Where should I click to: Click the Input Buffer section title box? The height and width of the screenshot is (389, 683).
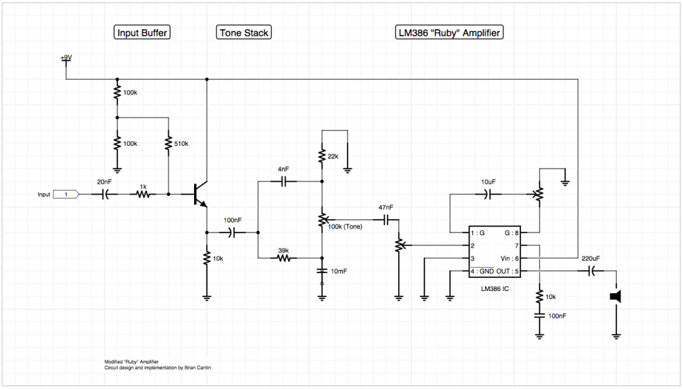pos(142,33)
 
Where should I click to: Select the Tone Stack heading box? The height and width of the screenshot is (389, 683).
pos(244,33)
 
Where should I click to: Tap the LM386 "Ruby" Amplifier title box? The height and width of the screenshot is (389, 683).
pos(449,33)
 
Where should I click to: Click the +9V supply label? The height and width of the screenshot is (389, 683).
pos(66,57)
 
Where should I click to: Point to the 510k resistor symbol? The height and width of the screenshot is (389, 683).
pos(169,144)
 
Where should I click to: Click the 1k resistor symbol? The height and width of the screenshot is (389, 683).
pos(143,195)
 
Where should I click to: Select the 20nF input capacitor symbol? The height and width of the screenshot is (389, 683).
pos(105,195)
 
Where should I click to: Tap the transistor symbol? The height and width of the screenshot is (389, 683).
pos(200,194)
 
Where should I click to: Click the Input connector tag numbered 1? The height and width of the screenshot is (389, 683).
pos(66,195)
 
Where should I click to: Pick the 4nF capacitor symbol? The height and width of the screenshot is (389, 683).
pos(283,181)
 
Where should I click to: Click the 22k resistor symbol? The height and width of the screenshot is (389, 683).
pos(322,157)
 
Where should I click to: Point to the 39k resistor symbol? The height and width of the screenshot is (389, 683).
pos(283,258)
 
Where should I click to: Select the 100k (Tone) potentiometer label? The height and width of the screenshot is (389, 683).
pos(345,226)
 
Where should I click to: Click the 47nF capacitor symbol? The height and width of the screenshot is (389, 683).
pos(386,220)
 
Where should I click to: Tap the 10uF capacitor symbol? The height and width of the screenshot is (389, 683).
pos(488,195)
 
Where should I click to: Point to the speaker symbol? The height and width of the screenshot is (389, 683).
pos(616,297)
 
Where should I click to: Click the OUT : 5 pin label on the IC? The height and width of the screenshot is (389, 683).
pos(508,272)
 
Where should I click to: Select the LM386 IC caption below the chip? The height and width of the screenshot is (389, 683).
pos(494,288)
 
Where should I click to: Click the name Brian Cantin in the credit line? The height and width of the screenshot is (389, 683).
pos(197,368)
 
